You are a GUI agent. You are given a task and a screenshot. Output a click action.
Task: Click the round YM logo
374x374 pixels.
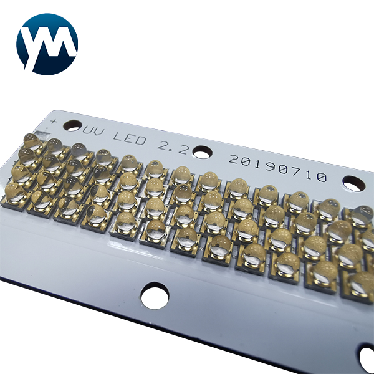tap(47, 44)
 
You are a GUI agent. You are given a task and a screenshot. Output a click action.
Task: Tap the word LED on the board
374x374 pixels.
tap(129, 139)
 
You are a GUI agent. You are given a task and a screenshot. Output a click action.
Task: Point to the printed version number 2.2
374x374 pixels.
tap(173, 146)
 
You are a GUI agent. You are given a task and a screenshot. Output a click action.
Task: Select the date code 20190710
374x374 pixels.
tap(277, 168)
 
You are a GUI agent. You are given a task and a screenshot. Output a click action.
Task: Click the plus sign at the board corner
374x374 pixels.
tap(54, 122)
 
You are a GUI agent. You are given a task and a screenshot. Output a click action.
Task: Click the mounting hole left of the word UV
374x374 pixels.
tap(74, 126)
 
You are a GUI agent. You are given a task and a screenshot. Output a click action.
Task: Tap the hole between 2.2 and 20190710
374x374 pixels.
tap(202, 151)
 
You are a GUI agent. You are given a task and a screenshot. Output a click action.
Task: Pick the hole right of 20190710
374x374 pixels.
tap(353, 183)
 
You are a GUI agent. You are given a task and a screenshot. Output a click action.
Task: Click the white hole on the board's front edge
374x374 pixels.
tap(155, 295)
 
